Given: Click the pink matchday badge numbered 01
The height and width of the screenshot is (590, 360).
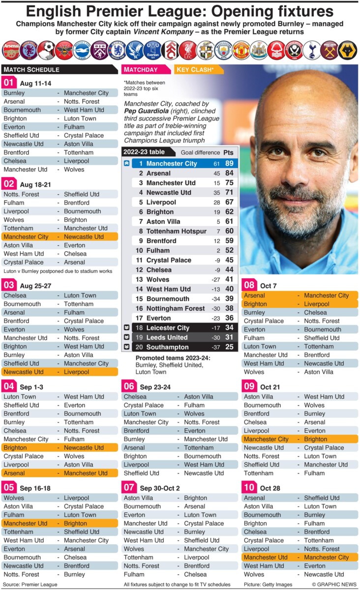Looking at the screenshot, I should pos(9,83).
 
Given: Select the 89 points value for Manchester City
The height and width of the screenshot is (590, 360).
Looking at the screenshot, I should pos(229,163).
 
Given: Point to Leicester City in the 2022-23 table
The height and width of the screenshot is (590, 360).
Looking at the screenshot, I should pos(168,328).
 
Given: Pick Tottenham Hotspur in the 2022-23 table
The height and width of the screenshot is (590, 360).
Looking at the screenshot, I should pos(176,231).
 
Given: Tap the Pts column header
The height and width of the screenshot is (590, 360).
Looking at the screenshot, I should pos(229,152).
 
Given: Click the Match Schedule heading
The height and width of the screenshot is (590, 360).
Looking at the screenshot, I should pos(31,69).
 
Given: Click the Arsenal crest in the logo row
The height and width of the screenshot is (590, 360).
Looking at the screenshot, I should pos(11,50).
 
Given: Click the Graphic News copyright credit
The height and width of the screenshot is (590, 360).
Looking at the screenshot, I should pos(333,584).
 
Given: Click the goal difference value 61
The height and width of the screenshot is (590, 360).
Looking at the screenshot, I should pos(216,163).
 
